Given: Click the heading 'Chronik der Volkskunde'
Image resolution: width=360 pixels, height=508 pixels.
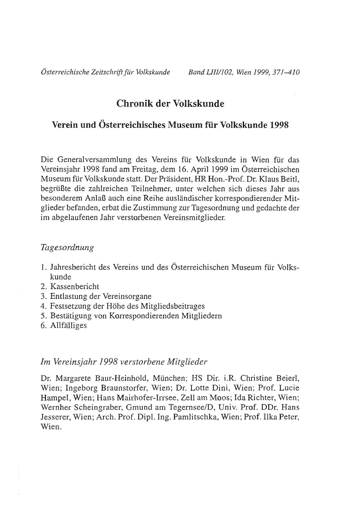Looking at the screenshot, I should [x=170, y=104].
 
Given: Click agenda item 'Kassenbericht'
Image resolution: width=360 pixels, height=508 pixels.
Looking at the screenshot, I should [x=75, y=287].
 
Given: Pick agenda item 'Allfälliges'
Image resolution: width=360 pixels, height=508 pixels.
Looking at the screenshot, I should [x=68, y=325].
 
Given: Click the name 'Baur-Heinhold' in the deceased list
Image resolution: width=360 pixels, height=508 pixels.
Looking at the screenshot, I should [x=125, y=379].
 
